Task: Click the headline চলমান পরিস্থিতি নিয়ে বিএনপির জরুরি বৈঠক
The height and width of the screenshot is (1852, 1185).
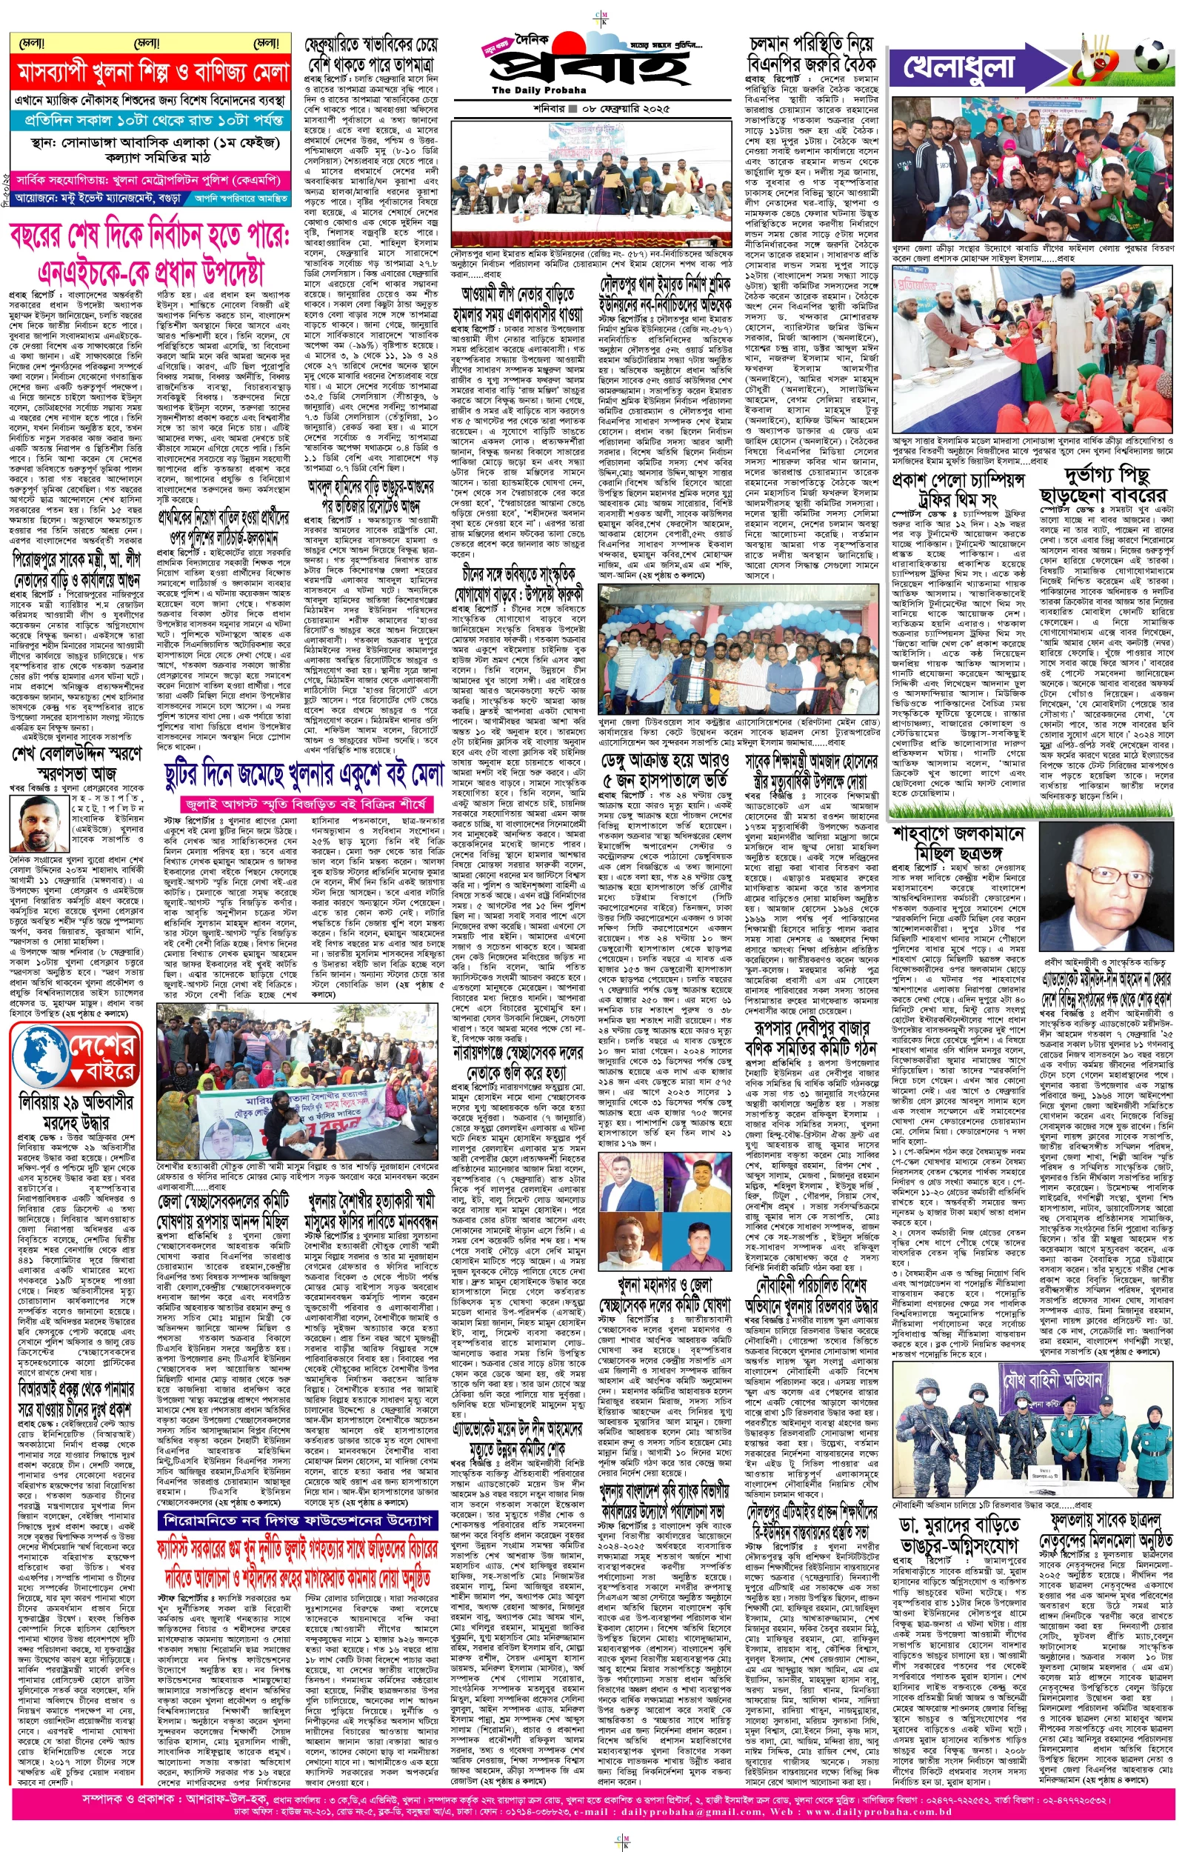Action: [812, 53]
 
